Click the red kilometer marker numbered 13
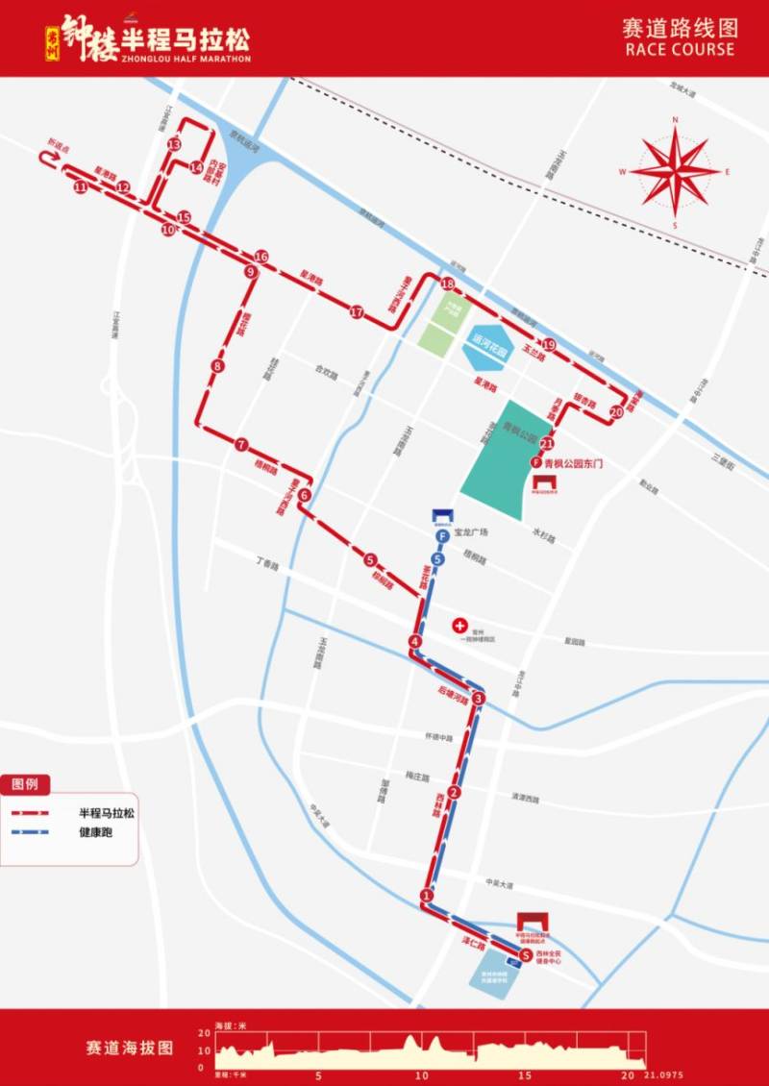[x=174, y=144]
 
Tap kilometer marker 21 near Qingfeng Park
[x=547, y=444]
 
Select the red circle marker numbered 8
[x=219, y=366]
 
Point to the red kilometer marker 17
[x=357, y=312]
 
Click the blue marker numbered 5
[x=438, y=559]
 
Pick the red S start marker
[x=525, y=955]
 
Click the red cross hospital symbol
[x=459, y=625]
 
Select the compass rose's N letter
[x=676, y=120]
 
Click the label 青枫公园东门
[x=572, y=463]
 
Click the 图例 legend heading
[x=25, y=784]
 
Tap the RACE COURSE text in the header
[x=679, y=50]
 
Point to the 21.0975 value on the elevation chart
[x=664, y=1074]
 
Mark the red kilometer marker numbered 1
[x=427, y=897]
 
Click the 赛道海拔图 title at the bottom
[x=129, y=1047]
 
